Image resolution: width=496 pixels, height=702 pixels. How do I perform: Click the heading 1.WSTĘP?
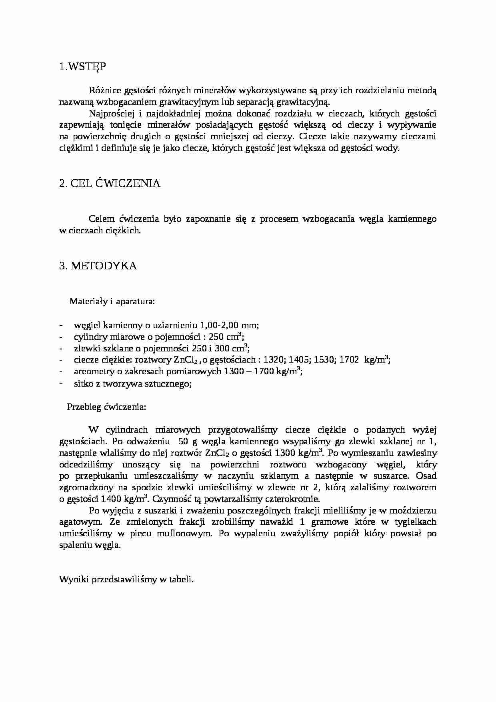[82, 67]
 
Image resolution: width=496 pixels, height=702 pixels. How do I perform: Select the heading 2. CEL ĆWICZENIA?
[110, 184]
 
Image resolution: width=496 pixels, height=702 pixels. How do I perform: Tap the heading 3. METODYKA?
[98, 266]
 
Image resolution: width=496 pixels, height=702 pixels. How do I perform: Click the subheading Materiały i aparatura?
[112, 301]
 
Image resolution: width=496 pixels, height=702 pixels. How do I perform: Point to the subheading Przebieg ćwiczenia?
[107, 407]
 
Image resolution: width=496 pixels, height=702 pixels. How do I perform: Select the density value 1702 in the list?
[348, 360]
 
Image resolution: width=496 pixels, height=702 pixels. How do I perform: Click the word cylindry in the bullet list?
[89, 337]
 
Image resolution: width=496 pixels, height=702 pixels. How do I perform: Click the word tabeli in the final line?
[183, 580]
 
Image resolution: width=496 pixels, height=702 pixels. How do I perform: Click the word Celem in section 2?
[102, 219]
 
